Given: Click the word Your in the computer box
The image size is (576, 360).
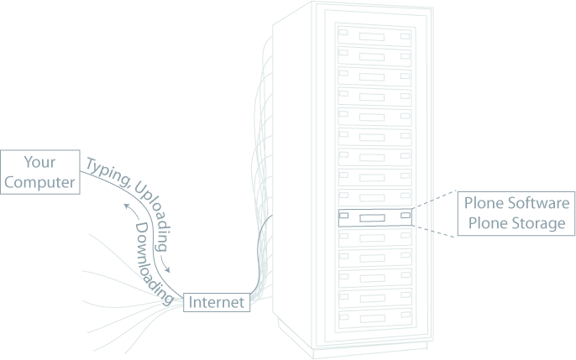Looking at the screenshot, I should pyautogui.click(x=40, y=161).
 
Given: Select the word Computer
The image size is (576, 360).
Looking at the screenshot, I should pyautogui.click(x=40, y=180).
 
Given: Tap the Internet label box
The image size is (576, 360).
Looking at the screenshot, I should pyautogui.click(x=217, y=302).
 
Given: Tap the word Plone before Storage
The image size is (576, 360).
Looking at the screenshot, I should pyautogui.click(x=484, y=223).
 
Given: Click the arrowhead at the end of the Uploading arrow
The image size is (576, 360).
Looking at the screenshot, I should pyautogui.click(x=171, y=270).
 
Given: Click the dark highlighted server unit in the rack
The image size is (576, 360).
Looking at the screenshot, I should pyautogui.click(x=374, y=217).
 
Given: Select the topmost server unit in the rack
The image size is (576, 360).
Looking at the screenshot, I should pyautogui.click(x=374, y=37).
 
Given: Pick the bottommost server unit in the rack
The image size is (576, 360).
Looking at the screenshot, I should pyautogui.click(x=374, y=317).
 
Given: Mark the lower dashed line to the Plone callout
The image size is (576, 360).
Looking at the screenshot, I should pyautogui.click(x=435, y=232).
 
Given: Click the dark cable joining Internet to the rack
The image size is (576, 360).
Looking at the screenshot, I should pyautogui.click(x=260, y=252).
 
